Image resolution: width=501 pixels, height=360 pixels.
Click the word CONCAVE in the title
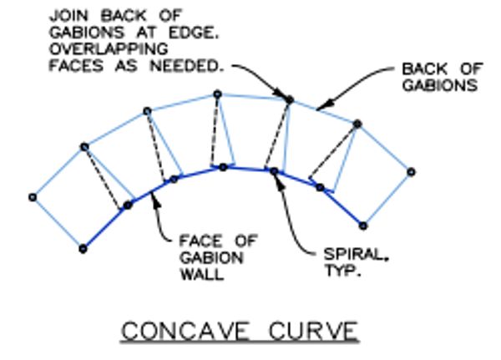[x=185, y=332]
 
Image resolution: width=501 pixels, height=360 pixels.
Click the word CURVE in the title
[x=313, y=332]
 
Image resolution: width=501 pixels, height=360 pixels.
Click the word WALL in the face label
[x=202, y=275]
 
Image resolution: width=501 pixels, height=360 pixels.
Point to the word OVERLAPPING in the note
[x=109, y=49]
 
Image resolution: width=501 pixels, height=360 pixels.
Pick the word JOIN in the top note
[x=67, y=15]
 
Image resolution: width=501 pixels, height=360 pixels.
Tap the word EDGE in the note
[x=194, y=33]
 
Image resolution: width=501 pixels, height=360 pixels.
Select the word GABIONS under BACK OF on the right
[x=440, y=85]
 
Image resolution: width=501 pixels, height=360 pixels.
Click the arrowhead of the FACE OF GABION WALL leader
[x=155, y=200]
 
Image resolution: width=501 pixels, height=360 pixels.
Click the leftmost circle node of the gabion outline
[x=33, y=198]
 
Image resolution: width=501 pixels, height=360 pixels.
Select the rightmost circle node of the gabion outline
[x=411, y=172]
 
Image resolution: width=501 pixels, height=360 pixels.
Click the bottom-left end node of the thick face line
[x=83, y=249]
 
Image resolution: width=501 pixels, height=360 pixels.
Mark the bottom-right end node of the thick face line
[x=363, y=226]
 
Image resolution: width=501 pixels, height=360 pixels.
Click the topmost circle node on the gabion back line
[x=218, y=94]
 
